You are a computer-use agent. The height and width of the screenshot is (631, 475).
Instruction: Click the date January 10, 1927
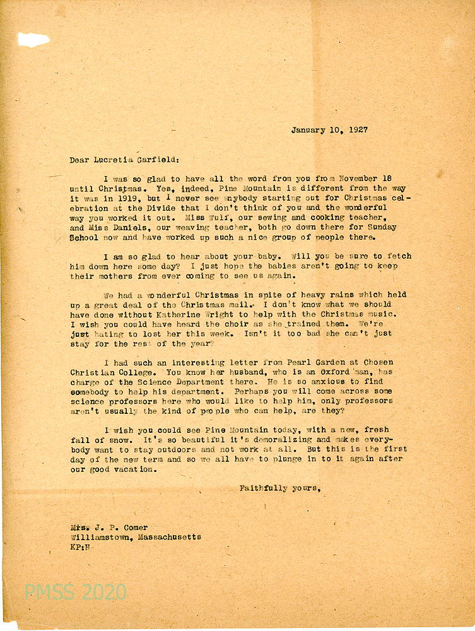click(x=329, y=130)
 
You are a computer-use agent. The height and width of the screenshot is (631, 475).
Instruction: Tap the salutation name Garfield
click(x=145, y=160)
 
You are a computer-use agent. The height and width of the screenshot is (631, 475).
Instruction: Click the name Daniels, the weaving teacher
click(x=112, y=227)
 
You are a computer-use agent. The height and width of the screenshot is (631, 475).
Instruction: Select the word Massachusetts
click(x=168, y=537)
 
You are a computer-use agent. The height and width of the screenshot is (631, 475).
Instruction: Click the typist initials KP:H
click(x=82, y=547)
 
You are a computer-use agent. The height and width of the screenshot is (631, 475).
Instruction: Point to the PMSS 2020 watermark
click(x=75, y=593)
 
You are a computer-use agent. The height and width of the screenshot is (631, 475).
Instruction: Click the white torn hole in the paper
click(x=33, y=40)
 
